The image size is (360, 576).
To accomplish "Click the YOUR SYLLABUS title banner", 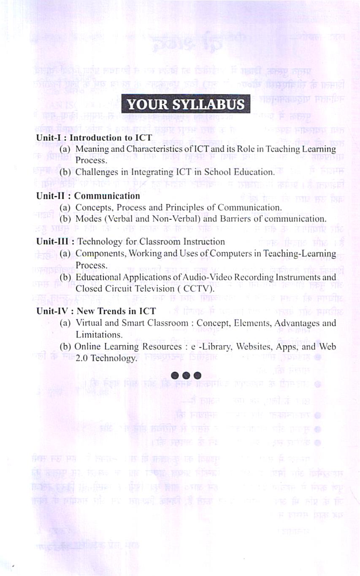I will point(186,104).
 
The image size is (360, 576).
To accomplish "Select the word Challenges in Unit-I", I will point(95,172).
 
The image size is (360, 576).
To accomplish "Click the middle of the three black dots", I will point(186,375).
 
